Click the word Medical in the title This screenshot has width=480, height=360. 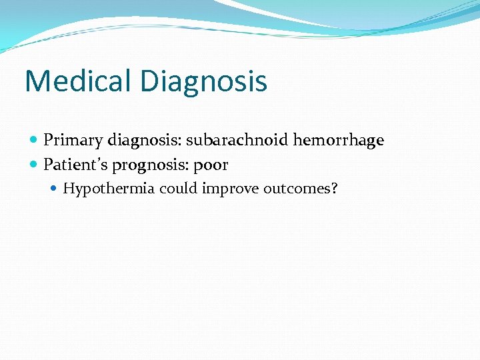click(79, 81)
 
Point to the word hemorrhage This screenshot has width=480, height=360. click(339, 140)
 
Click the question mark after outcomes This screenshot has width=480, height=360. click(334, 188)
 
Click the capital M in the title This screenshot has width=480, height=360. click(36, 81)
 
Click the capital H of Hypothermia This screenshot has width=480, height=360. click(68, 188)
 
